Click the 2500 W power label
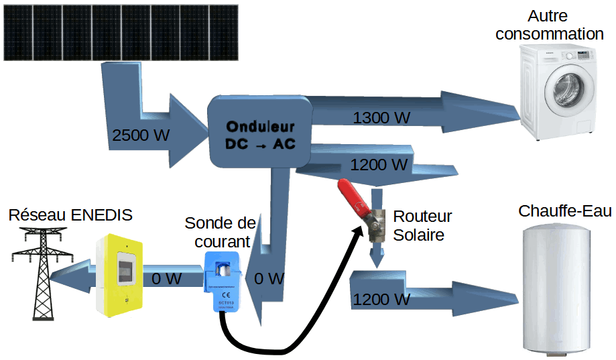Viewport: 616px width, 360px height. (x=141, y=135)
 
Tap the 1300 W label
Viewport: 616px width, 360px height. (x=381, y=118)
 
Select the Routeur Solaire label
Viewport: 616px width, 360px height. (x=422, y=226)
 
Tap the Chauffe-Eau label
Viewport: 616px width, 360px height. (x=564, y=211)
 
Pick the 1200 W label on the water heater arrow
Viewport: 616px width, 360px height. (x=381, y=300)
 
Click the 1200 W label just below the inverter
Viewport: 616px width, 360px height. (x=379, y=164)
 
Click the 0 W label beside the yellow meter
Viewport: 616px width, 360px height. (x=167, y=278)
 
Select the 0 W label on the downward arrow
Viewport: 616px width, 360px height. (x=269, y=278)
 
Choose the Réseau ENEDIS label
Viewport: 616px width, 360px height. (x=70, y=215)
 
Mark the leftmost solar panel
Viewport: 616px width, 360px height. (x=18, y=32)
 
